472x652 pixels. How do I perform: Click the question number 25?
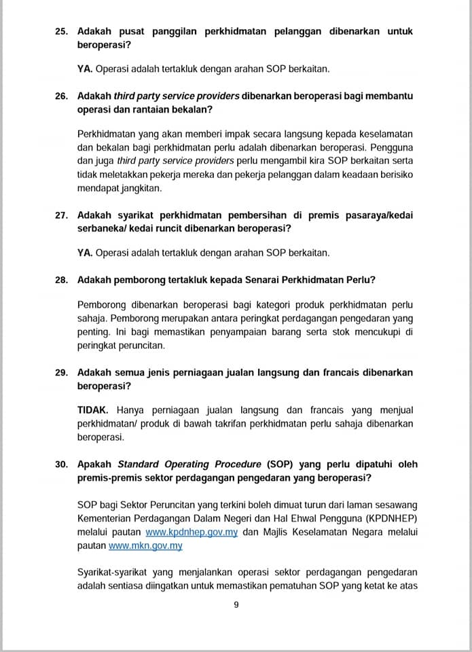(x=62, y=31)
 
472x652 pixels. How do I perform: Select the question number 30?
(x=62, y=465)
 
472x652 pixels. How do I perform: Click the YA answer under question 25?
(x=85, y=69)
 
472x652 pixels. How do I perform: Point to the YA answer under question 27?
(x=85, y=253)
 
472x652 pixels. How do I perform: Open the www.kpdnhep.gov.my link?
(x=192, y=532)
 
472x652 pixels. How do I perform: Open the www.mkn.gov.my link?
(x=145, y=545)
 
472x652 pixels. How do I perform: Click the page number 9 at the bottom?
(x=236, y=606)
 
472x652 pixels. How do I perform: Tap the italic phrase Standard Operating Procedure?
(x=189, y=465)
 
